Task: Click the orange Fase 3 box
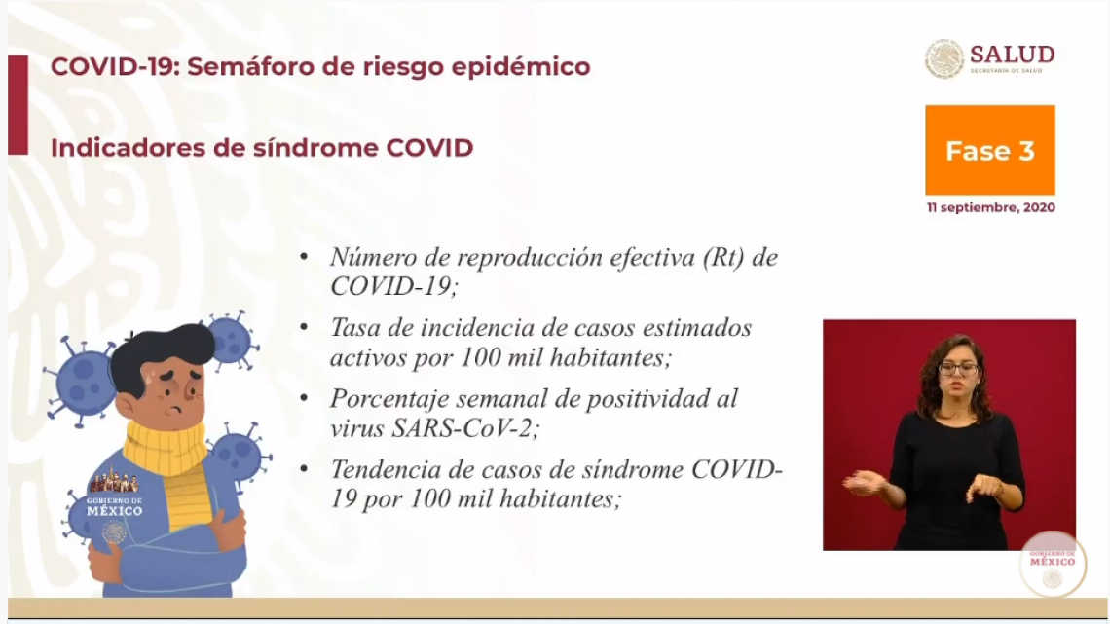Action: [x=989, y=150]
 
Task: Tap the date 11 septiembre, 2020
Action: [x=990, y=208]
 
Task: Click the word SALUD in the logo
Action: [x=1013, y=55]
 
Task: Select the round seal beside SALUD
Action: [x=944, y=58]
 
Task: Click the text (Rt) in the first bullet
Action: [x=723, y=258]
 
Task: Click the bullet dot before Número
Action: [x=305, y=256]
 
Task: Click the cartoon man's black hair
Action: [x=162, y=353]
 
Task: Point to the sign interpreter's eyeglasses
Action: [x=958, y=369]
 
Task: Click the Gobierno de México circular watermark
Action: [x=1053, y=564]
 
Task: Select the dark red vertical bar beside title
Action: [x=18, y=105]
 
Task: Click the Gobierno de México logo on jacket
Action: [x=114, y=503]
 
